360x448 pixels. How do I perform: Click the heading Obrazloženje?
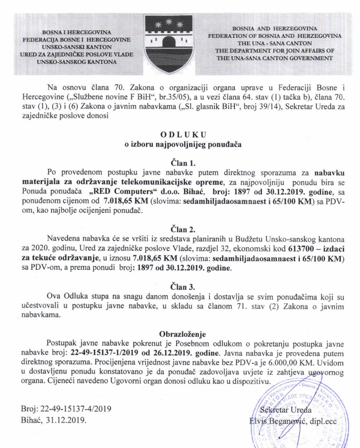(180, 335)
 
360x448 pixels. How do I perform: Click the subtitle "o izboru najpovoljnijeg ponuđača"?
(179, 144)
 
